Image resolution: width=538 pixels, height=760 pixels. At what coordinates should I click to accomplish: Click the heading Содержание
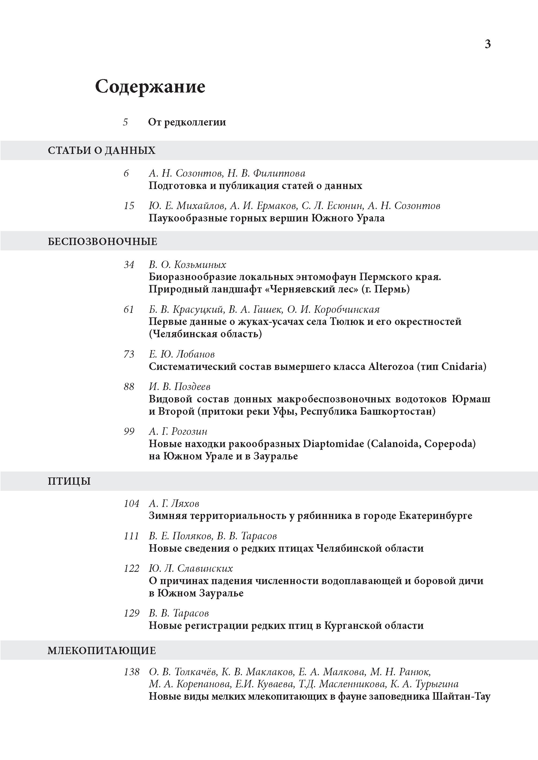pos(150,87)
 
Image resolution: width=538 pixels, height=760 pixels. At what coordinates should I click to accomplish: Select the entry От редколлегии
pos(187,122)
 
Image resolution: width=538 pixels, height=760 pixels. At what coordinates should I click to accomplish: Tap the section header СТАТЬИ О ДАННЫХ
pos(101,150)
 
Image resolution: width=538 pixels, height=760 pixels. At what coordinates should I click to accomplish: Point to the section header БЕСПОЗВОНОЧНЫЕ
pos(102,242)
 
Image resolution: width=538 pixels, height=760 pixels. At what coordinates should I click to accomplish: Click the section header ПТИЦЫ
pos(69,481)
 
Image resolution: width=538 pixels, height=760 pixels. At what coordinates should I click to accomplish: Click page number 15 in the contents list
pos(129,206)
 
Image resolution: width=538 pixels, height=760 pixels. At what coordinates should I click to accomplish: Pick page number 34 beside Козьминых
pos(129,265)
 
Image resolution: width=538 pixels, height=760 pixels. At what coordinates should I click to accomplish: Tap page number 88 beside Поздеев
pos(129,387)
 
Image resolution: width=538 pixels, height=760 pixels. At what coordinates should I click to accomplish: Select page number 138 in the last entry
pos(132,672)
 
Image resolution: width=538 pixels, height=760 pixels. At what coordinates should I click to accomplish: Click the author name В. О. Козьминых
pos(187,265)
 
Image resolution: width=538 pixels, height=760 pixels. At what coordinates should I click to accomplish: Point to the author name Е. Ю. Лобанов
pos(182,354)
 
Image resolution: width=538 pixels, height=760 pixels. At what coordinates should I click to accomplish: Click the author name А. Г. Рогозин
pos(178,431)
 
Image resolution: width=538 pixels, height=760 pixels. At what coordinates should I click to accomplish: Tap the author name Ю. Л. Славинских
pos(190,568)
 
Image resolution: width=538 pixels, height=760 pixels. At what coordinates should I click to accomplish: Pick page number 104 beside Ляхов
pos(132,503)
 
